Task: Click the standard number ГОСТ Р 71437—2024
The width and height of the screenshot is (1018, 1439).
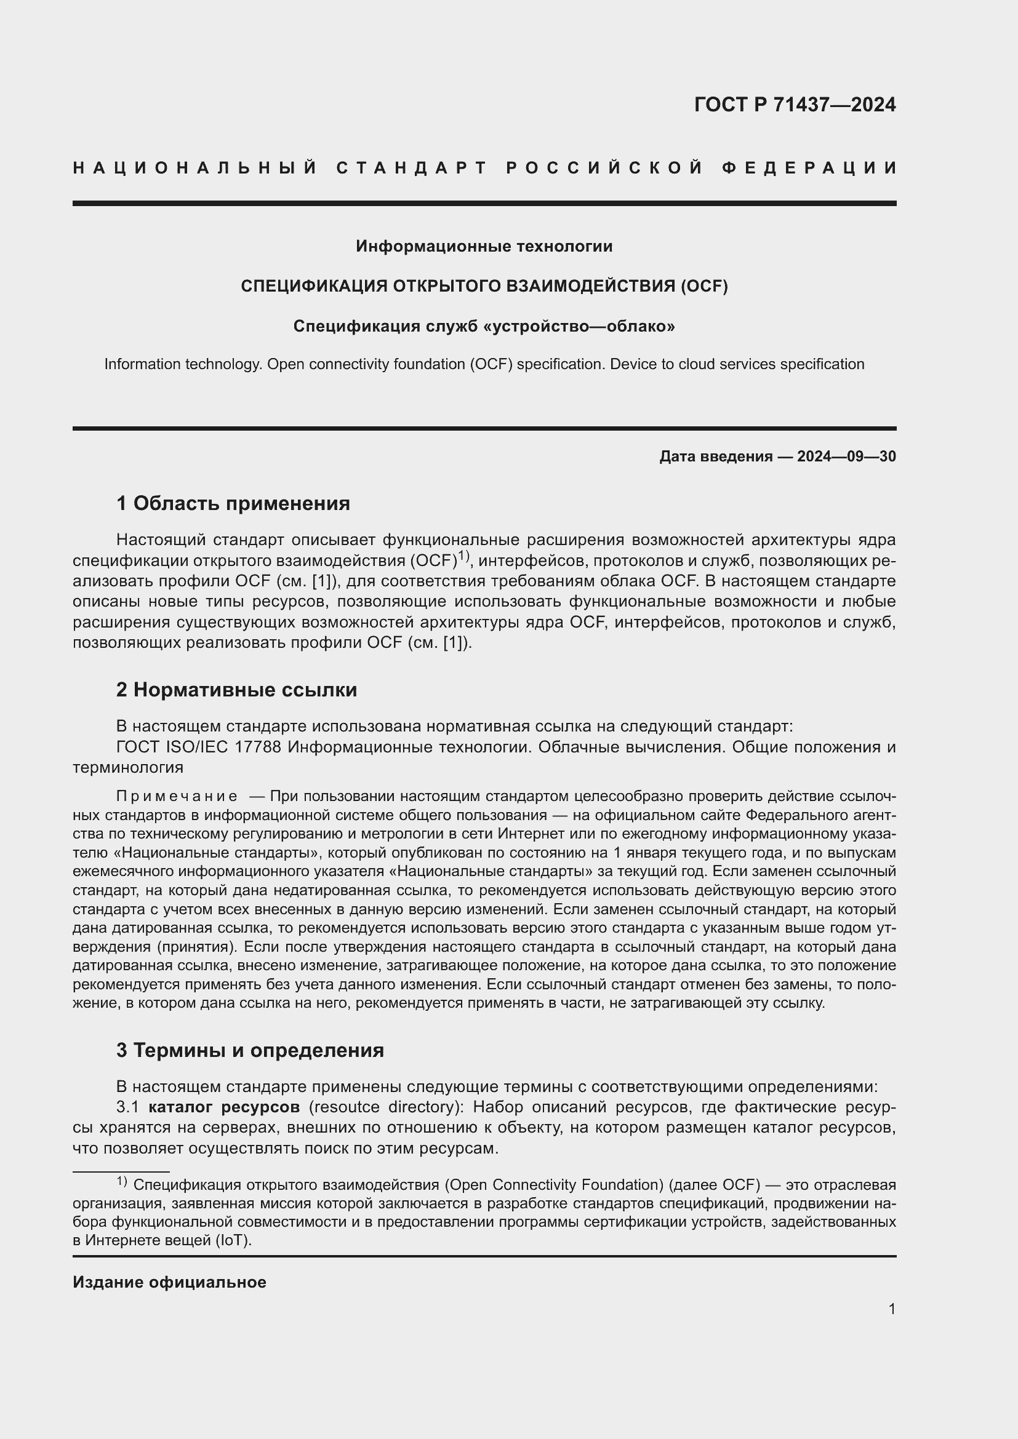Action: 794,105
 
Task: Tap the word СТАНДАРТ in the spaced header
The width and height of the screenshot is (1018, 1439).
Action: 412,168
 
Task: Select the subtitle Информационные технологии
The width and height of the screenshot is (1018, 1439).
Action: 484,246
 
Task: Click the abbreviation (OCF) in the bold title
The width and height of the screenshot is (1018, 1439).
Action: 703,287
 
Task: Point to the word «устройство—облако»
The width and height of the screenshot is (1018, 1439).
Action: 580,327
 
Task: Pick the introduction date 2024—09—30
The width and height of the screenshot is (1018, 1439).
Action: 846,456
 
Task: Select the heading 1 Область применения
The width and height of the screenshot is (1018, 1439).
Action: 233,503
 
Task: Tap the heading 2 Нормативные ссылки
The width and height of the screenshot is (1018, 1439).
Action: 236,690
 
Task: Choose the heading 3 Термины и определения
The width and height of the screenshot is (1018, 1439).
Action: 249,1050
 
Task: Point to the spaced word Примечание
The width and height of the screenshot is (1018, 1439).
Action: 177,797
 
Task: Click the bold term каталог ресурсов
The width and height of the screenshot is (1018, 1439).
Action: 225,1107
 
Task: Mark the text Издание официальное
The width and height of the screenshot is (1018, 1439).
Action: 169,1282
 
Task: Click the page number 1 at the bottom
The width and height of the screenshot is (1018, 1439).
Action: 891,1309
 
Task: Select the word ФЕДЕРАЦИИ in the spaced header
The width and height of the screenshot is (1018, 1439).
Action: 809,168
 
